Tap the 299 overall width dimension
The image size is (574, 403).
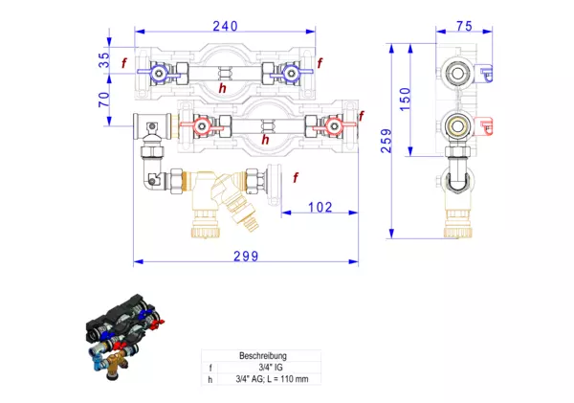pos(246,253)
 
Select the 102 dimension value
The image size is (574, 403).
pos(320,207)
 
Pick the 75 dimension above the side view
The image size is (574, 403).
pos(464,28)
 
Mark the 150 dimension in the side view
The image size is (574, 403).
pos(405,97)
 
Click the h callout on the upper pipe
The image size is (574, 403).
pos(222,88)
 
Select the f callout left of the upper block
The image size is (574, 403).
pos(123,63)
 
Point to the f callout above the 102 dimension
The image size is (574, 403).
pos(296,177)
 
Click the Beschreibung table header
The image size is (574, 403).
pos(262,356)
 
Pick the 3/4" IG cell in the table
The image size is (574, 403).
pos(262,368)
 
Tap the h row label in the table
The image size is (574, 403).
pos(211,379)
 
